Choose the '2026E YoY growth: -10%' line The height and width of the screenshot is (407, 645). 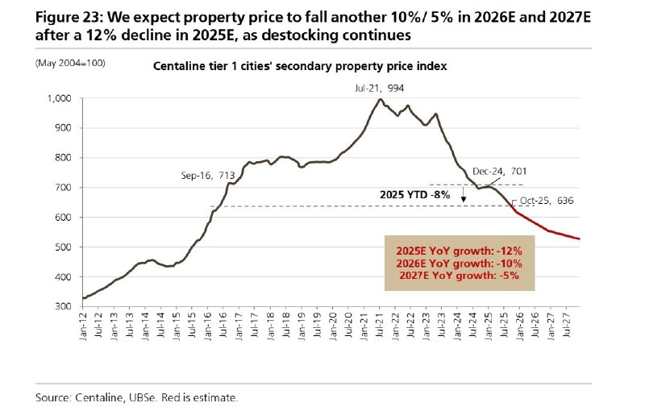point(458,263)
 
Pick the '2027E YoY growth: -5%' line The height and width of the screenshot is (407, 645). point(458,276)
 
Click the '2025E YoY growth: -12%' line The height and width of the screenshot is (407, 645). point(458,250)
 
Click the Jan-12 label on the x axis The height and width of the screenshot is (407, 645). point(85,327)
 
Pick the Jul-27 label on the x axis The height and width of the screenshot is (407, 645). point(569,327)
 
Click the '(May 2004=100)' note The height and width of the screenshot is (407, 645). point(70,62)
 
